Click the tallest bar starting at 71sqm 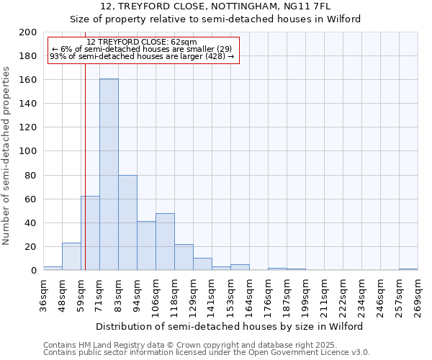point(109,174)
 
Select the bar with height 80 point(127,222)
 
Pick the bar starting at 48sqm point(71,256)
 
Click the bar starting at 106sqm point(165,241)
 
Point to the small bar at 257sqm point(408,269)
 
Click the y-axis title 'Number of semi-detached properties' point(7,156)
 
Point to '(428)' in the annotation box point(213,56)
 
